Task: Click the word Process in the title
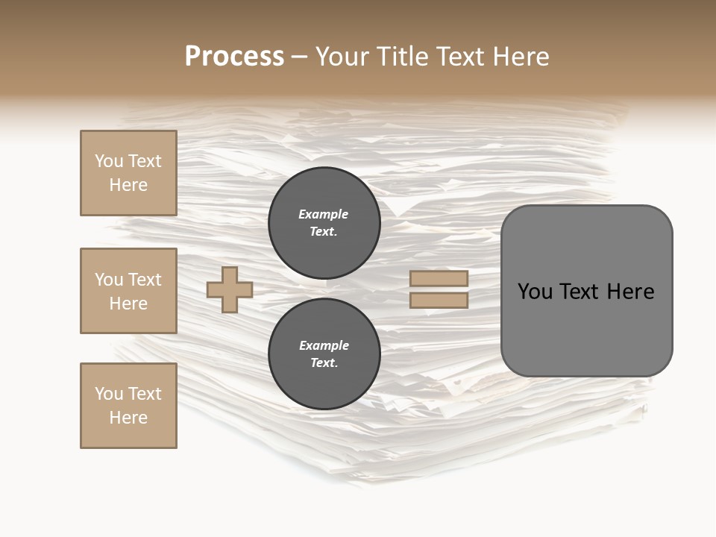234,57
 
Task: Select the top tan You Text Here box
128,173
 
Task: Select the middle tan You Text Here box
128,291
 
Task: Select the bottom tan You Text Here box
128,406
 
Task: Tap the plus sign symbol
230,289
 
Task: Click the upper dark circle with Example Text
324,223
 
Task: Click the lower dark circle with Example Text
324,354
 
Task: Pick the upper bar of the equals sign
439,278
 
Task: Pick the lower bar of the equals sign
439,301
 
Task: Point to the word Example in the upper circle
323,214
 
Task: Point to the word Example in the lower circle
324,345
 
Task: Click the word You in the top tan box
109,161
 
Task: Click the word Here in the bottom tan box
128,418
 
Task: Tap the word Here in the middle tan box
128,304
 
